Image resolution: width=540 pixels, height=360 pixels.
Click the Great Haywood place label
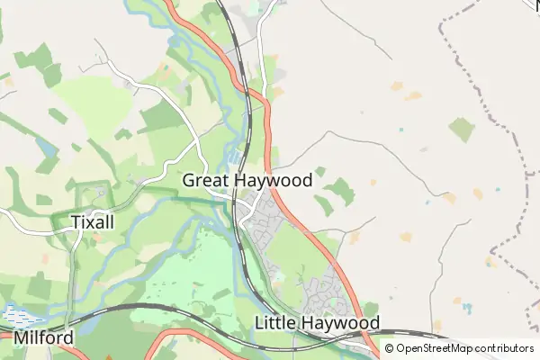tap(247, 180)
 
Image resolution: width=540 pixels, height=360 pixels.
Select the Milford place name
tap(43, 338)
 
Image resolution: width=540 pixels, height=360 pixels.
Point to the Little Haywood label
tap(317, 322)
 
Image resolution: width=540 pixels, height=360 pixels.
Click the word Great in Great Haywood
tap(205, 180)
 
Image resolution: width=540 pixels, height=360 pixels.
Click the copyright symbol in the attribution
tap(390, 348)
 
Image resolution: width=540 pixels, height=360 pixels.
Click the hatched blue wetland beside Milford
tap(18, 315)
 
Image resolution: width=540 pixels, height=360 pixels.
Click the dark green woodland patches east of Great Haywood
tap(339, 191)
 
